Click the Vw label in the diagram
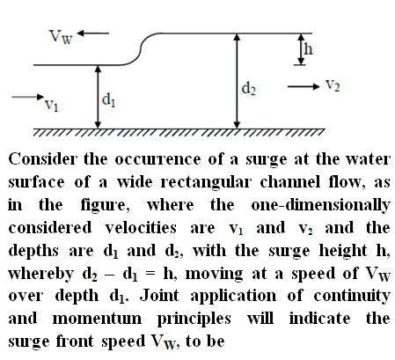click(x=61, y=37)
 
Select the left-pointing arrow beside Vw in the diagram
click(x=93, y=33)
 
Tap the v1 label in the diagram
click(x=51, y=106)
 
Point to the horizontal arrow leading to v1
click(x=27, y=97)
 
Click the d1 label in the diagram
click(x=108, y=99)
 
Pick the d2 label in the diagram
click(x=248, y=88)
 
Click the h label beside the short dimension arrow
click(x=308, y=48)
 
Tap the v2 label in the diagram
click(x=333, y=85)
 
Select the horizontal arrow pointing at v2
click(x=304, y=86)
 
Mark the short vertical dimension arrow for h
click(x=301, y=49)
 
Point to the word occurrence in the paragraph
click(x=157, y=159)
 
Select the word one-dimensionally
click(x=320, y=205)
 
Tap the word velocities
click(x=141, y=228)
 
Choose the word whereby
click(x=40, y=275)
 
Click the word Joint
click(x=160, y=296)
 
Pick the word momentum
click(x=97, y=319)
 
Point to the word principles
click(x=194, y=320)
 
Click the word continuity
click(x=352, y=297)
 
